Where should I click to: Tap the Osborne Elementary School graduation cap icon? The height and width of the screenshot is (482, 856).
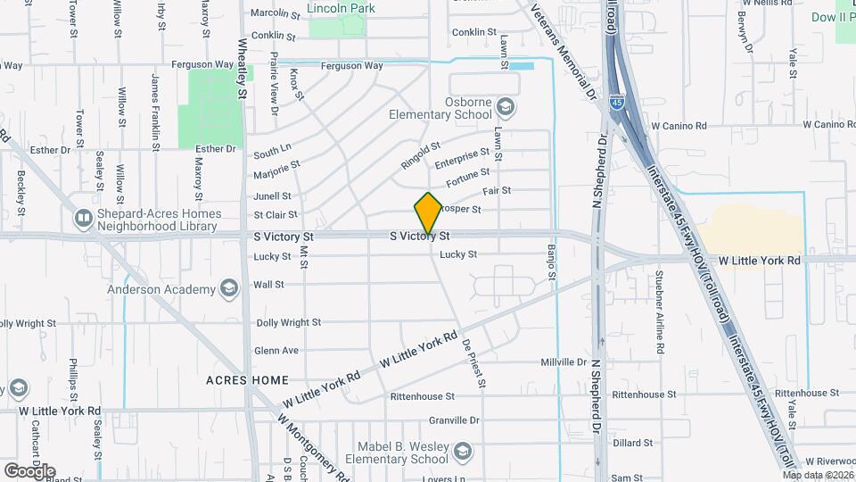(506, 108)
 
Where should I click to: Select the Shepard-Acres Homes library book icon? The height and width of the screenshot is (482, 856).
(83, 218)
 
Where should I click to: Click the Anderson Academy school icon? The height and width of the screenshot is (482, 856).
(229, 288)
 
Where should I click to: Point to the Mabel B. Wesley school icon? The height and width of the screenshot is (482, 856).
(462, 454)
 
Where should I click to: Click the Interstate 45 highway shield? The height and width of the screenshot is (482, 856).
(616, 104)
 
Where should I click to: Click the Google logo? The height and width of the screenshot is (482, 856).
(29, 470)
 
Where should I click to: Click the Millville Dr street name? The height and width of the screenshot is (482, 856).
(564, 362)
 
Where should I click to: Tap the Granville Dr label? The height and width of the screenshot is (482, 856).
(455, 420)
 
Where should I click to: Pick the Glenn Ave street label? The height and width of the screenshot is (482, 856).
(276, 351)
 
